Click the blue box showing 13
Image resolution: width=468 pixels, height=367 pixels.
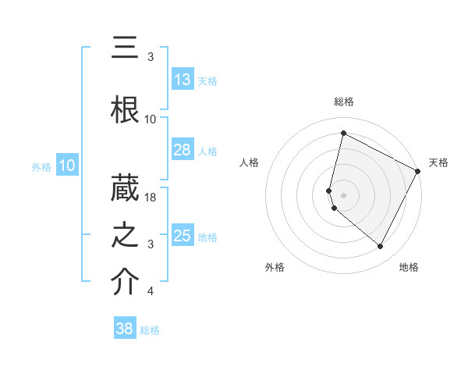pyautogui.click(x=183, y=80)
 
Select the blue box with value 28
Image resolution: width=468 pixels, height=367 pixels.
pyautogui.click(x=183, y=150)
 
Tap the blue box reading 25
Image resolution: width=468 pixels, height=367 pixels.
pyautogui.click(x=183, y=236)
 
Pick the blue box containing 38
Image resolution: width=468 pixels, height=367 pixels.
pyautogui.click(x=125, y=329)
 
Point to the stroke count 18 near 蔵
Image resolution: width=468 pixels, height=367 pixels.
pyautogui.click(x=151, y=198)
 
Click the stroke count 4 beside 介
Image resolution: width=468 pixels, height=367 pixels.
pyautogui.click(x=151, y=292)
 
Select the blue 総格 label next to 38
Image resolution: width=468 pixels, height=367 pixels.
pyautogui.click(x=150, y=330)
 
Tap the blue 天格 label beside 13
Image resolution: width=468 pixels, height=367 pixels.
pyautogui.click(x=207, y=81)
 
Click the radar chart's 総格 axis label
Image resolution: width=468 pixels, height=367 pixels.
pyautogui.click(x=343, y=102)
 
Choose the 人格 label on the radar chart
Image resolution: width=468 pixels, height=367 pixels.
pyautogui.click(x=250, y=162)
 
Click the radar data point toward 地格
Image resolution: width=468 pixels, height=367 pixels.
pyautogui.click(x=380, y=247)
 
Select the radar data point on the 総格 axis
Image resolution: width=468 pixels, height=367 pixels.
pyautogui.click(x=343, y=134)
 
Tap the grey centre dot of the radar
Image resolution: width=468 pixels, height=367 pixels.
pyautogui.click(x=343, y=194)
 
